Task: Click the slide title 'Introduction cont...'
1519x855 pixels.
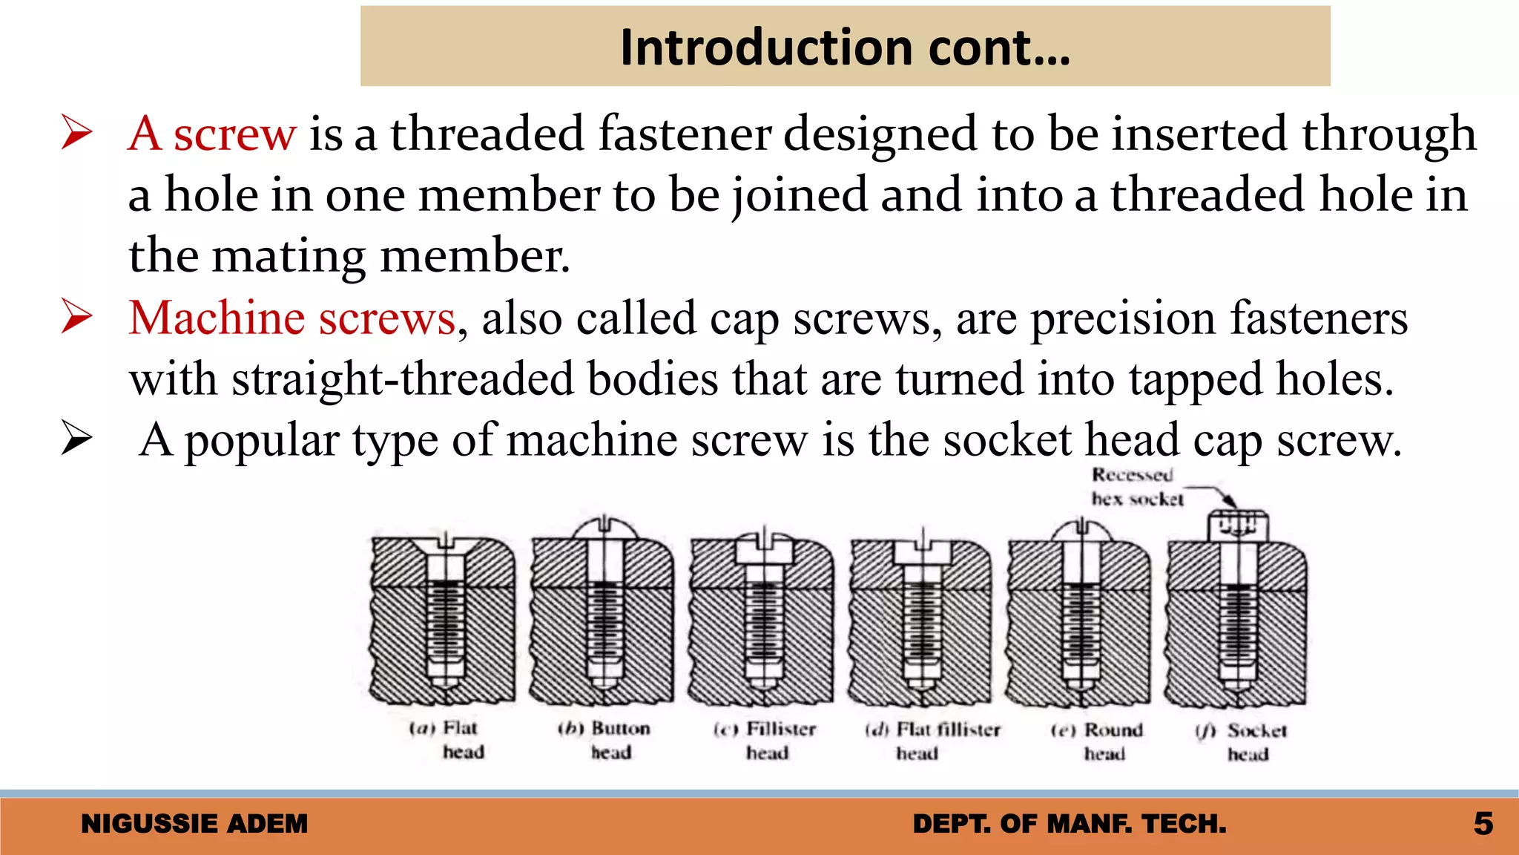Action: (845, 47)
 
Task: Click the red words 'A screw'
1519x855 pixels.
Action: (212, 134)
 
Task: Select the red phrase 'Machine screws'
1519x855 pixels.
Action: (291, 318)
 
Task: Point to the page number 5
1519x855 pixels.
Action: (1483, 824)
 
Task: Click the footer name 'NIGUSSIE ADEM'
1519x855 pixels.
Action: (194, 824)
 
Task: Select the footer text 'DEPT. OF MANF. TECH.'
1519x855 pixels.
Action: (1070, 824)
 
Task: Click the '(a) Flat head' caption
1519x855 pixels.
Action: (447, 740)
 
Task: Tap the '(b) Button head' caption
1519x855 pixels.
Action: (604, 740)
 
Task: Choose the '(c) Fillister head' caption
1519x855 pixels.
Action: (765, 741)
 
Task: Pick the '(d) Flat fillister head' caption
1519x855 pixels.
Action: (932, 741)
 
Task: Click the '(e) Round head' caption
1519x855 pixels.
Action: (1098, 741)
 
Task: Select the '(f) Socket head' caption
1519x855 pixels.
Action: (1242, 741)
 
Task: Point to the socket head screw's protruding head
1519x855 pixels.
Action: (1238, 527)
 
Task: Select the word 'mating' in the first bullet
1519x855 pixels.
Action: (289, 256)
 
